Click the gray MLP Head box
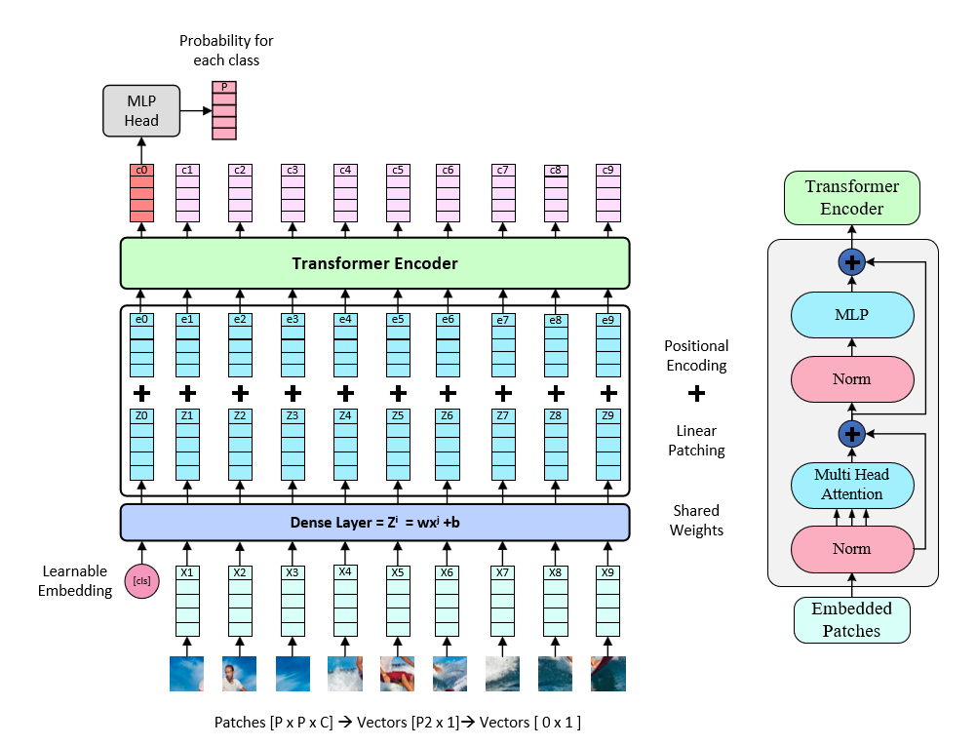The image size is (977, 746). [141, 110]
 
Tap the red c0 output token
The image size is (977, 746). [141, 194]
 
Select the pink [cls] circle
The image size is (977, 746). [141, 580]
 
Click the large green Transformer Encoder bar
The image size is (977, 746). [374, 263]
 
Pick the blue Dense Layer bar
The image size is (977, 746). [374, 523]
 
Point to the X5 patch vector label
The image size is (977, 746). [397, 572]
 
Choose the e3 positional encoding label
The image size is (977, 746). [292, 319]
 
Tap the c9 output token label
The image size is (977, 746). [608, 171]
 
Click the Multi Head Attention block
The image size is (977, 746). [851, 486]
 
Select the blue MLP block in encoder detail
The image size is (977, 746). [851, 315]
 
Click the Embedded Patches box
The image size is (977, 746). [851, 620]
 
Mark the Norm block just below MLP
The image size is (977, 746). [851, 378]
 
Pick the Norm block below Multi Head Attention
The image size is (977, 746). [851, 549]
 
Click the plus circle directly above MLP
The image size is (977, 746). [852, 261]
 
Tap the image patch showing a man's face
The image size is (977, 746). [239, 674]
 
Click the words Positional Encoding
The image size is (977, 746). [696, 356]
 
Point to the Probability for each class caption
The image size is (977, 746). [226, 51]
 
